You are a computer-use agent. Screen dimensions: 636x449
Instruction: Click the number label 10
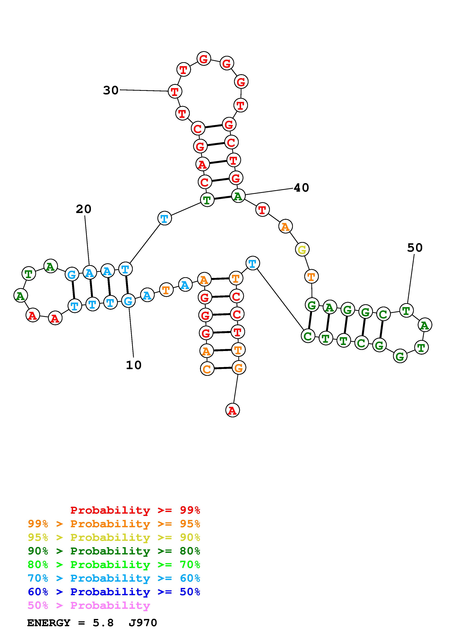[134, 365]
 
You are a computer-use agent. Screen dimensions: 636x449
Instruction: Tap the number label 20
[83, 209]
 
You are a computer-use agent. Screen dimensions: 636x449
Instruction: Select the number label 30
[111, 90]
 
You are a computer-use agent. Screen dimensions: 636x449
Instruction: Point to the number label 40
[301, 188]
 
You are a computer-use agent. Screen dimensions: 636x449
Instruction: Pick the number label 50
[415, 248]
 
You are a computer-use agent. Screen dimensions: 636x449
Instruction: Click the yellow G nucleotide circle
[302, 250]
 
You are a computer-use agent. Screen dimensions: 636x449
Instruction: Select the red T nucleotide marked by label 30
[175, 91]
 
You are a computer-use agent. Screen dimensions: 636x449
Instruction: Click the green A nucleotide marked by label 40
[238, 196]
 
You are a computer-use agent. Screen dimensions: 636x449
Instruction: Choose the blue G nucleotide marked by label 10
[128, 301]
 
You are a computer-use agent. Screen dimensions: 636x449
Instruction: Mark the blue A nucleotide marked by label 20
[89, 273]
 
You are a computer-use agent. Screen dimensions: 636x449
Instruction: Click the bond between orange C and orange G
[223, 368]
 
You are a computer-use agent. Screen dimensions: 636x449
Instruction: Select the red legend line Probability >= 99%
[135, 510]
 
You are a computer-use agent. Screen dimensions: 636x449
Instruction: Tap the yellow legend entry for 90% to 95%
[114, 537]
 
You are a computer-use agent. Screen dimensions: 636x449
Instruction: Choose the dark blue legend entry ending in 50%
[114, 592]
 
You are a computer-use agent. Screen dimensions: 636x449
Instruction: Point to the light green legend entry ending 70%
[114, 565]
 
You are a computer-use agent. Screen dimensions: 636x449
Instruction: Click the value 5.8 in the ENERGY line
[103, 623]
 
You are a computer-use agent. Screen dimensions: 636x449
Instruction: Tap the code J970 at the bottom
[143, 623]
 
